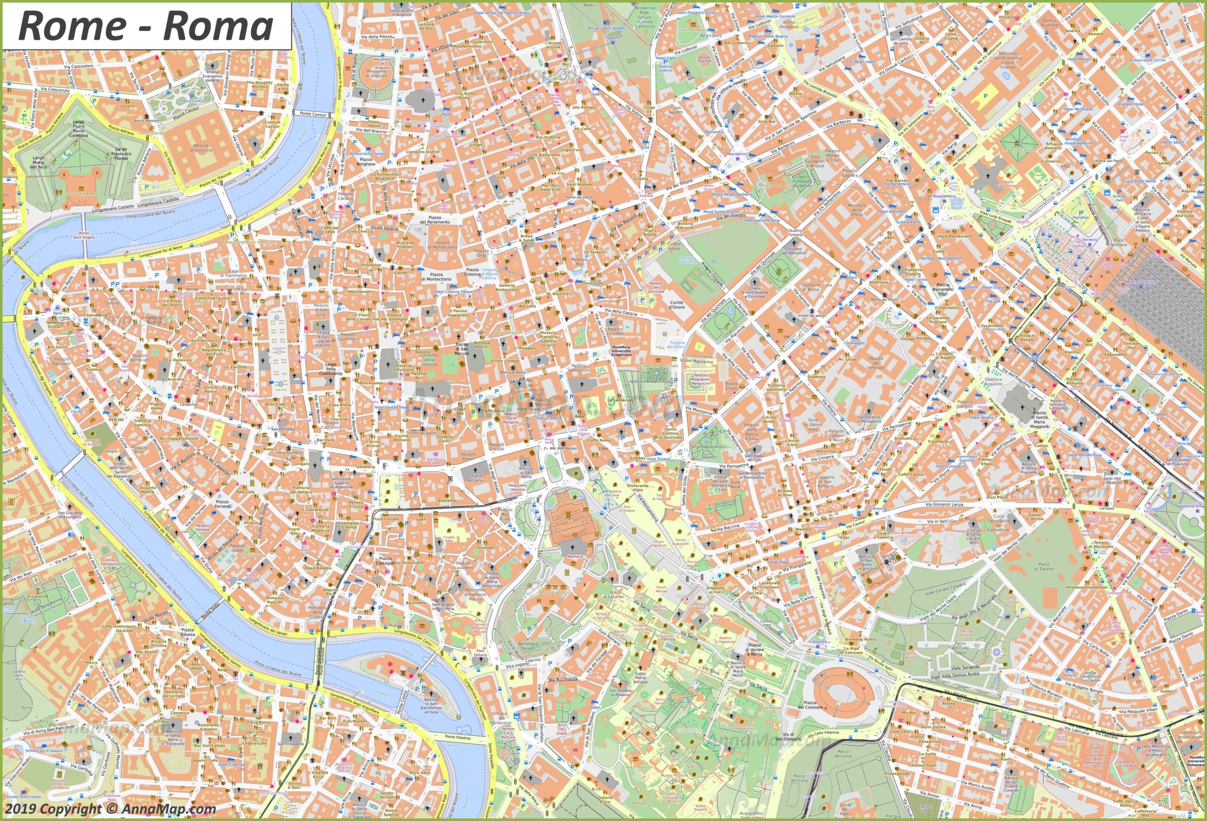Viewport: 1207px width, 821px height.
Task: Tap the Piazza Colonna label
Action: pos(472,272)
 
